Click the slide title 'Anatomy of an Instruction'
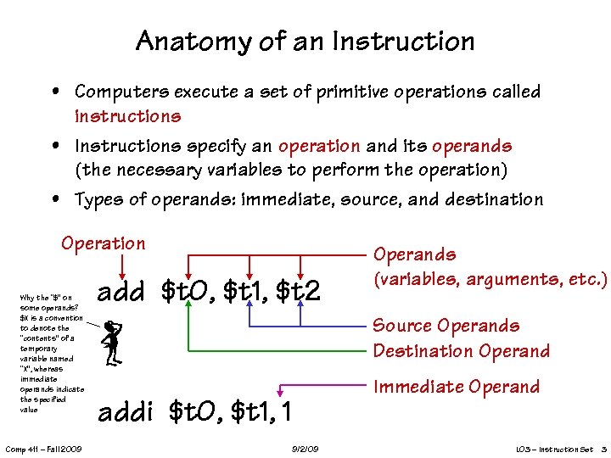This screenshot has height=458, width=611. pyautogui.click(x=305, y=41)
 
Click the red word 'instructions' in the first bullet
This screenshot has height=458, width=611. pyautogui.click(x=128, y=115)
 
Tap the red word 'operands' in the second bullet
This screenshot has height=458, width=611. pyautogui.click(x=472, y=146)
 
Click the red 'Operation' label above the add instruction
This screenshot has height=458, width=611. pyautogui.click(x=103, y=244)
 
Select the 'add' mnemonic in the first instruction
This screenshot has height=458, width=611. pyautogui.click(x=124, y=293)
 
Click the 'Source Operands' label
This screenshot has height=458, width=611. pyautogui.click(x=446, y=326)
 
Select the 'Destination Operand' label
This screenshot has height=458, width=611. pyautogui.click(x=462, y=351)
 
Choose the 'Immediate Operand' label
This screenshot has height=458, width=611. pyautogui.click(x=457, y=388)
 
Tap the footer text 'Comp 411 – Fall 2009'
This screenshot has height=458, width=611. pyautogui.click(x=43, y=448)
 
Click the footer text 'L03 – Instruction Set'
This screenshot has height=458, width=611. pyautogui.click(x=554, y=448)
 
